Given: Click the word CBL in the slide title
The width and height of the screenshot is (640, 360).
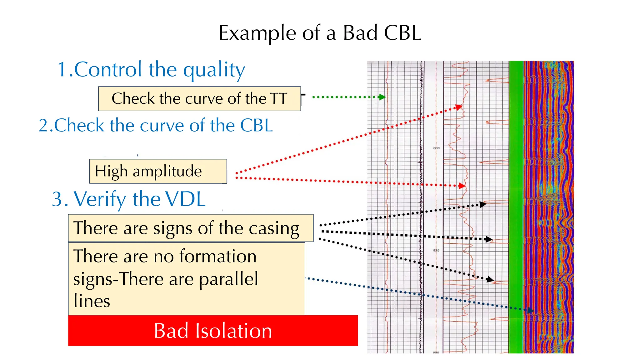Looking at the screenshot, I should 402,33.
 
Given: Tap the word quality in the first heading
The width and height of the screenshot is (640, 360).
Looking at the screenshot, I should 214,70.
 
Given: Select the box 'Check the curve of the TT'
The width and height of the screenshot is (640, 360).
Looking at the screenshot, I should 199,99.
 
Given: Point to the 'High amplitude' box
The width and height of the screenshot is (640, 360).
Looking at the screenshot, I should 158,171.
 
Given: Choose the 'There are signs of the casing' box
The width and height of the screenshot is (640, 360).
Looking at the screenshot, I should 191,228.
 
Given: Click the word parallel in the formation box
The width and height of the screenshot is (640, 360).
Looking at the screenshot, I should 228,279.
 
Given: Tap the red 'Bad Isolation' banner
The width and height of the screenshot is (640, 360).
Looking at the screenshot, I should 213,331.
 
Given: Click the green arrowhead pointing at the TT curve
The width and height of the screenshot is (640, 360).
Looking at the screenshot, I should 382,97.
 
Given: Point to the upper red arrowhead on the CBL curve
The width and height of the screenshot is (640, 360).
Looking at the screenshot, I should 459,107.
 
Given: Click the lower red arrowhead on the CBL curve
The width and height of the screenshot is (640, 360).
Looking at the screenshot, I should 462,186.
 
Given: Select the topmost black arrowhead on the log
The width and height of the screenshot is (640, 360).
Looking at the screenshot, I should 483,204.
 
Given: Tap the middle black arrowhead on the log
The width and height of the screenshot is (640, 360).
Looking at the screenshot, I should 489,239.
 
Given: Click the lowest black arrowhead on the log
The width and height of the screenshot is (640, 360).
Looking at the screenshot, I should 490,279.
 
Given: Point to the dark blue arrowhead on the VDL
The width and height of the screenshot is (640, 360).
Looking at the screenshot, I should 530,310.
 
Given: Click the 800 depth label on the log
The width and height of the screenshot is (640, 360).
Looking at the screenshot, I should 436,148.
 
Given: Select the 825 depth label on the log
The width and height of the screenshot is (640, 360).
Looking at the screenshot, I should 436,250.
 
